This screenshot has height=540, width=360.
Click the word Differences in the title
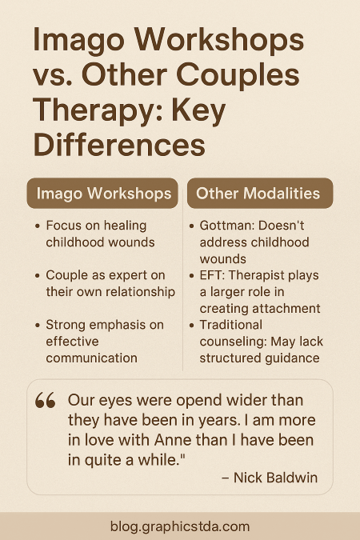click(119, 145)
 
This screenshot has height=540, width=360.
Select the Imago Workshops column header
click(102, 194)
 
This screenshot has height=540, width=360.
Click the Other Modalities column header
click(260, 194)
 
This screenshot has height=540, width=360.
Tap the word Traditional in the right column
click(231, 325)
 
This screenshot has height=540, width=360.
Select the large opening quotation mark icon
click(45, 400)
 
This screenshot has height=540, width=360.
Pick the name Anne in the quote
click(174, 440)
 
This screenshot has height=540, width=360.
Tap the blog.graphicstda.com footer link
click(180, 526)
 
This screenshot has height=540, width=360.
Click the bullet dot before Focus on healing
click(38, 226)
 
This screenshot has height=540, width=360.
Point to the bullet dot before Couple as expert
click(38, 276)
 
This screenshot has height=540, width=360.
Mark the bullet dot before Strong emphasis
click(38, 326)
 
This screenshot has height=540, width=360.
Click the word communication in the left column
click(92, 358)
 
